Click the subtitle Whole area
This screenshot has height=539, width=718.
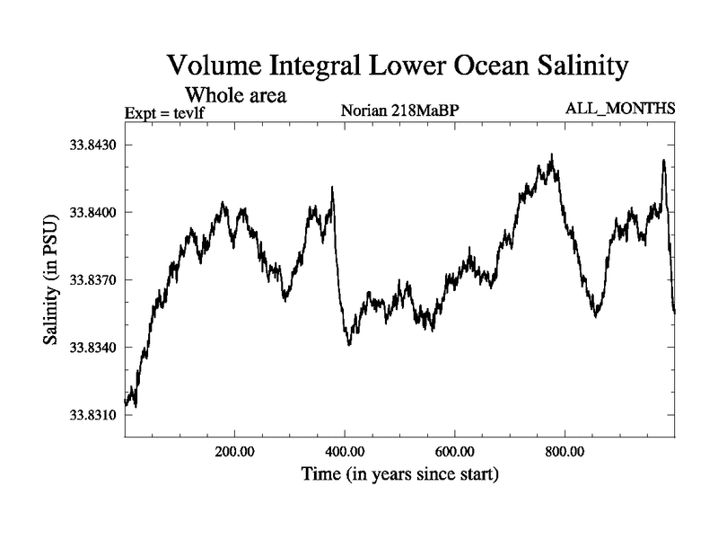[235, 94]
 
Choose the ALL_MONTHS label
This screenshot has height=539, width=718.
[619, 109]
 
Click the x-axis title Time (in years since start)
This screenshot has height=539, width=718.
[399, 473]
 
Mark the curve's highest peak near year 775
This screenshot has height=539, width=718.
[551, 155]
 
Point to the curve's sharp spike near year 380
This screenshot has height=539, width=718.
[333, 188]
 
